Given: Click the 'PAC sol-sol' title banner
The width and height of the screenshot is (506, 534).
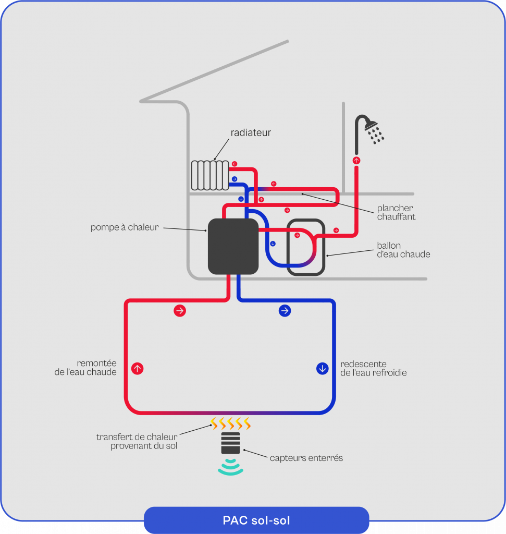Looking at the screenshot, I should tap(256, 520).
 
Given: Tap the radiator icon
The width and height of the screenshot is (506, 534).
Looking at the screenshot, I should tap(209, 175).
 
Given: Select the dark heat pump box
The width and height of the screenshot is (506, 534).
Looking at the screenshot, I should tap(233, 246).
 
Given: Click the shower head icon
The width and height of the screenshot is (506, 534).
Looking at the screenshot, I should tap(372, 126).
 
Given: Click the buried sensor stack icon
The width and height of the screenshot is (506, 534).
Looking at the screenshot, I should tap(230, 443).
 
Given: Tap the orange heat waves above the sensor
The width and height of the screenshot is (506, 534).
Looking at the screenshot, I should tap(230, 422).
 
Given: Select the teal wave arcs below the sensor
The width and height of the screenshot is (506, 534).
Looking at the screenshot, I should tap(230, 467).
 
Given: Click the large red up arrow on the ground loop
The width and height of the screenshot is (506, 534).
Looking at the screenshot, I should tap(137, 369).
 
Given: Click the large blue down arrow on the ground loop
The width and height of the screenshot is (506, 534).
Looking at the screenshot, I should tap(323, 369).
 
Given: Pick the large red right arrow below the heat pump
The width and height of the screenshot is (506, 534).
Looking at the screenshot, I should tap(180, 311).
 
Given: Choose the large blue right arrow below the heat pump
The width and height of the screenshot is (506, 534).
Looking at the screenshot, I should tap(285, 311).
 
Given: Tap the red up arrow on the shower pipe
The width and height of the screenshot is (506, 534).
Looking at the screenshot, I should tap(356, 161).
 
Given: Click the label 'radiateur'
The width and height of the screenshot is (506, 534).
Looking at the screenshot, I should tap(251, 133).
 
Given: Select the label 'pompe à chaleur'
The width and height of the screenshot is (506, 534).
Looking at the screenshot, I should tap(124, 227).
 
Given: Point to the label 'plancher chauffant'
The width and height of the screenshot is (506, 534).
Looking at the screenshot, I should tap(396, 212).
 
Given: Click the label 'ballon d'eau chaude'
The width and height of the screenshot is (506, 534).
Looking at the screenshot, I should tap(403, 250).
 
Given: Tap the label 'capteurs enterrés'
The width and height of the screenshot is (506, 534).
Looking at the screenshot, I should tap(306, 458).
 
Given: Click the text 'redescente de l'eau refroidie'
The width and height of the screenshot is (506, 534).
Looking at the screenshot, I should tap(373, 368).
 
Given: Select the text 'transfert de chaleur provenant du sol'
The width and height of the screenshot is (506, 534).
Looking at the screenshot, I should tap(137, 441).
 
